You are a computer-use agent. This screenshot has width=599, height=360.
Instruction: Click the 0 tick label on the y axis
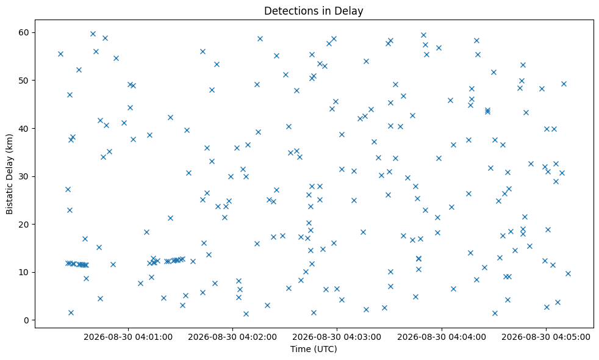(27, 320)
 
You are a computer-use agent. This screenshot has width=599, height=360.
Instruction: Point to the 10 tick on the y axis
(24, 273)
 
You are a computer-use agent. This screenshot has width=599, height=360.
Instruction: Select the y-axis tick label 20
(24, 225)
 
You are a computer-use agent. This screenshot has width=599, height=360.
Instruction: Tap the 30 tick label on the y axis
(24, 176)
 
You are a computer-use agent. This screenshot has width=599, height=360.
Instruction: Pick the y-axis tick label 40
(24, 128)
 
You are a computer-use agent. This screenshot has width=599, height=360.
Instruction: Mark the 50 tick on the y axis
(24, 81)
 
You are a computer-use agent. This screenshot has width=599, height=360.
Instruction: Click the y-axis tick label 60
(24, 32)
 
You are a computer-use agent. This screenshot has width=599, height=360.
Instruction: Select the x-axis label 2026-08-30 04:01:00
(128, 337)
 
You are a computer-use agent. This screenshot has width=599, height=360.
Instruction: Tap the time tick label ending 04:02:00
(232, 337)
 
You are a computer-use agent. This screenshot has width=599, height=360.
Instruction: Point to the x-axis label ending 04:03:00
(337, 337)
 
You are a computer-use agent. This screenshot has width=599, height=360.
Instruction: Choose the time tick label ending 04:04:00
(442, 337)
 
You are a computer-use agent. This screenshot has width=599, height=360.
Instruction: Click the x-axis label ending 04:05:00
(546, 337)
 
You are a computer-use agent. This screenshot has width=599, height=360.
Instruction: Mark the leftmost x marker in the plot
(60, 54)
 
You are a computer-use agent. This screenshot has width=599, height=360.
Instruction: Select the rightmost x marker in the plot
(568, 273)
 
